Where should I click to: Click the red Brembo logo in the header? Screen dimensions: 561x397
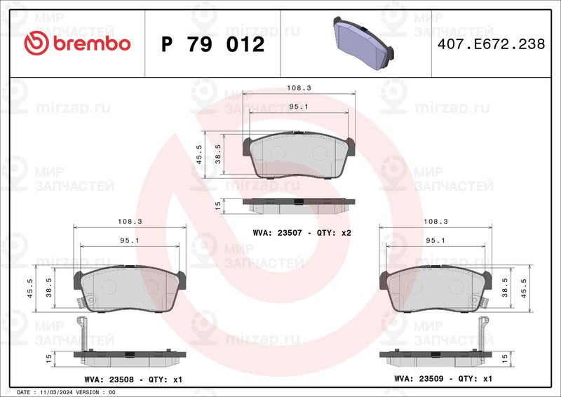coord(77,43)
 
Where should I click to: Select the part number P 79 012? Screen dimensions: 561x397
coord(213,44)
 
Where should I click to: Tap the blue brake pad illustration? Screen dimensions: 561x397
coord(363,43)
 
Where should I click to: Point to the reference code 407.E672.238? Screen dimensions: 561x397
coord(492,43)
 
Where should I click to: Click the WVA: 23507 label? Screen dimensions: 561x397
coord(272,233)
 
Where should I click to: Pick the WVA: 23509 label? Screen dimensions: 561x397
coord(419,378)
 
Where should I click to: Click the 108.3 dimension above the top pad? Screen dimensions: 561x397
coord(299,88)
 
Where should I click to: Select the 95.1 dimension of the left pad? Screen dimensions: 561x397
coord(130,241)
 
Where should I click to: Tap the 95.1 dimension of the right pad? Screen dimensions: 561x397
coord(435,241)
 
